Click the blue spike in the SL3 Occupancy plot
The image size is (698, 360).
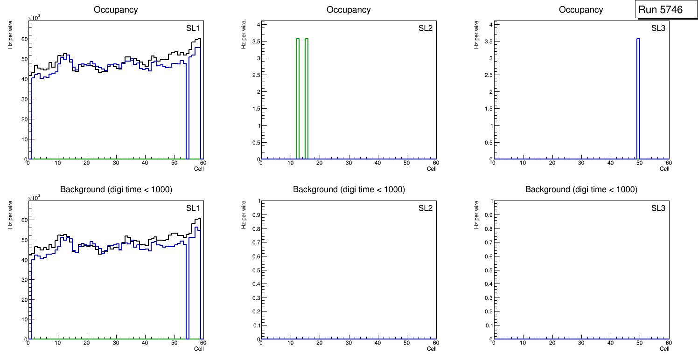(638, 98)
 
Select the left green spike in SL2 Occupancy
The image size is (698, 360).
(297, 98)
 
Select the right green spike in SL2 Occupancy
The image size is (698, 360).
(307, 98)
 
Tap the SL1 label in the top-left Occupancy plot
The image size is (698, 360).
(193, 28)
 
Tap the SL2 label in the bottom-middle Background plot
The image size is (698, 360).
(426, 208)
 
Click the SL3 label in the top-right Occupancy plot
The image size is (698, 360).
(658, 28)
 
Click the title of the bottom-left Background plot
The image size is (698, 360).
(116, 189)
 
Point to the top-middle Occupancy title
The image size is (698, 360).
(349, 10)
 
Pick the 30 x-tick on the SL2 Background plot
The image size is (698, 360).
(349, 343)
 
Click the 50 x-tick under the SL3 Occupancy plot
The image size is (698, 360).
(640, 163)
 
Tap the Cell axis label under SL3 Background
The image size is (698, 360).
(664, 349)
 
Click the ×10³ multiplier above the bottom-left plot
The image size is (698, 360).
(34, 198)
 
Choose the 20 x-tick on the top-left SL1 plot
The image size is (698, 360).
(87, 163)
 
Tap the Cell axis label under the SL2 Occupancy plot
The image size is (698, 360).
(432, 169)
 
